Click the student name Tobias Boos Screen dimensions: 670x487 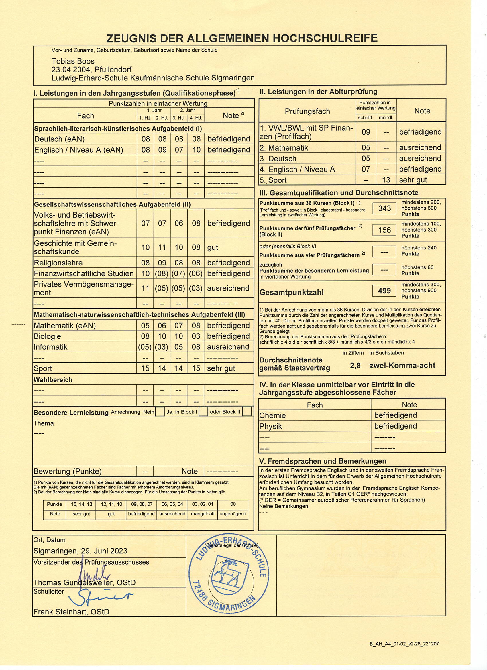tap(73, 61)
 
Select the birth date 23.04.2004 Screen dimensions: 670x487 tap(71, 70)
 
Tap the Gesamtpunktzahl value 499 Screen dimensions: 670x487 tap(384, 291)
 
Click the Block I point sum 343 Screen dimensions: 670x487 tap(384, 208)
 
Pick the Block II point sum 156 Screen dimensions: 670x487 tap(384, 230)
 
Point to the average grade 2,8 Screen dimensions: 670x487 tap(355, 366)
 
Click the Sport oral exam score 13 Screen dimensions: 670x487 tap(386, 180)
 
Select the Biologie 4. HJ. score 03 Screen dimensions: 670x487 tap(196, 336)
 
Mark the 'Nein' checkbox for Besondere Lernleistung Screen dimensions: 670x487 tap(160, 412)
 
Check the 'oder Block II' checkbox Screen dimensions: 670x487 tap(247, 412)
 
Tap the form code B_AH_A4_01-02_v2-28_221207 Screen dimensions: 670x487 tap(404, 644)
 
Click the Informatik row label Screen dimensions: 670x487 tap(50, 347)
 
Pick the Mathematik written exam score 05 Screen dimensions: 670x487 tap(366, 148)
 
